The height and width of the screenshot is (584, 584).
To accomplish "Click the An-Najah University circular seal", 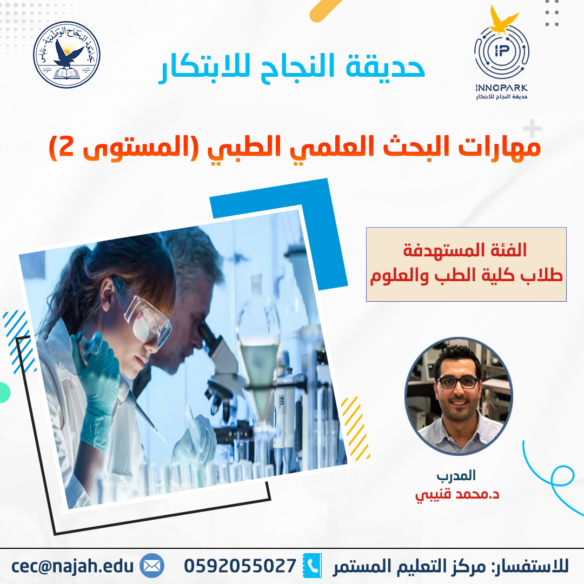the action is pyautogui.click(x=67, y=55).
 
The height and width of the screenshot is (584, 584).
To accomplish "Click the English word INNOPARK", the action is pyautogui.click(x=502, y=88).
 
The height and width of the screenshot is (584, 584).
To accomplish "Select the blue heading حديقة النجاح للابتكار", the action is pyautogui.click(x=292, y=67).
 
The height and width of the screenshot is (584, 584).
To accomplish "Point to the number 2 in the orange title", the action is pyautogui.click(x=67, y=147).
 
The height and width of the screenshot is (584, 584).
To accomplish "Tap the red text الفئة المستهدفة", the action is pyautogui.click(x=465, y=250).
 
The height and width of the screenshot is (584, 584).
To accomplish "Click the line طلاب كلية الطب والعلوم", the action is pyautogui.click(x=466, y=276).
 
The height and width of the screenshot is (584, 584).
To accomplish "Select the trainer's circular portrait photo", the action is pyautogui.click(x=459, y=396).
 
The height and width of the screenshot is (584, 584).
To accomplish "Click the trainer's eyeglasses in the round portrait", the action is pyautogui.click(x=458, y=382).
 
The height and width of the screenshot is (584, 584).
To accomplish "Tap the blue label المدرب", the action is pyautogui.click(x=456, y=476).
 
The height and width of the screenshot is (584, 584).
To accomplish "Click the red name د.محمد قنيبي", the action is pyautogui.click(x=457, y=495).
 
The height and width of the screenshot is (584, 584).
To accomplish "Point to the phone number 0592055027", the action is pyautogui.click(x=240, y=566).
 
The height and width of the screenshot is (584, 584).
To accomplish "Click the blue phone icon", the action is pyautogui.click(x=312, y=566).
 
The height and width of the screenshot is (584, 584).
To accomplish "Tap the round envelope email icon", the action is pyautogui.click(x=152, y=566).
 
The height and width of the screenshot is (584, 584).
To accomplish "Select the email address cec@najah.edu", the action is pyautogui.click(x=72, y=566).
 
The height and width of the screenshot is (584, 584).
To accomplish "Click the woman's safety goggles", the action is pyautogui.click(x=143, y=311).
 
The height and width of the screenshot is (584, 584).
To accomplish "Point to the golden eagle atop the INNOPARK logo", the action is pyautogui.click(x=503, y=20).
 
